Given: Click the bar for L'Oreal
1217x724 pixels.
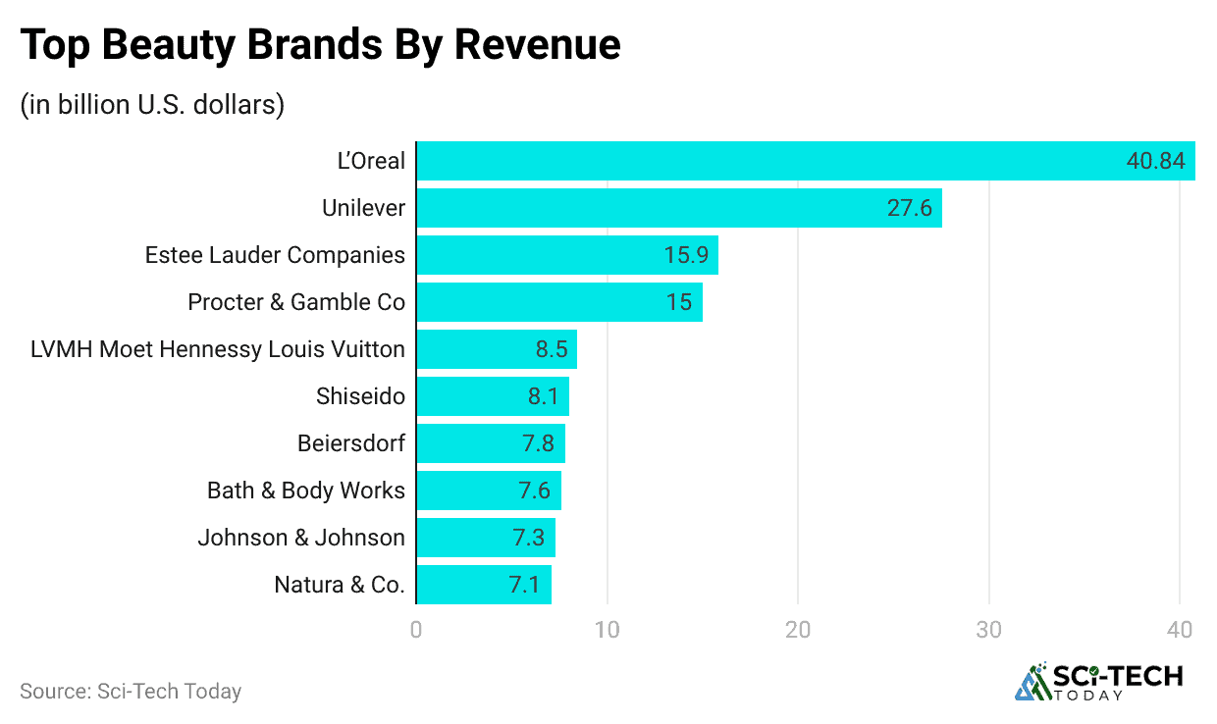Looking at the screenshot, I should (x=766, y=161).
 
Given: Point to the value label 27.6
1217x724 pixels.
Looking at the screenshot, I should (x=910, y=208).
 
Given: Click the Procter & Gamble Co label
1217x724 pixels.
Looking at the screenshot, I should (x=296, y=302).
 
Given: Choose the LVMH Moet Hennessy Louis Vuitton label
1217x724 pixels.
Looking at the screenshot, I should (x=218, y=349).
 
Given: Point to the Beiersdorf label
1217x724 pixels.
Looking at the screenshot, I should (x=351, y=443).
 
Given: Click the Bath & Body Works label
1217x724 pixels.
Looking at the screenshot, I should (x=306, y=491).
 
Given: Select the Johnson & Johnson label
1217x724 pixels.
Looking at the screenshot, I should (x=301, y=538).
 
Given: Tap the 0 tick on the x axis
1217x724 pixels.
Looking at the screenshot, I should (x=416, y=629).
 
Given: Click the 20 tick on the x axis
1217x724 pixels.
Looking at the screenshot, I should (x=798, y=629).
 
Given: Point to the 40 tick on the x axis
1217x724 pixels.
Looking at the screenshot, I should (x=1180, y=629).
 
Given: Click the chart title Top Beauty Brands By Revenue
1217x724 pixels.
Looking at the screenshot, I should (x=320, y=45).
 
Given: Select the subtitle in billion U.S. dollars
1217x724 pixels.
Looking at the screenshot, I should (x=152, y=105).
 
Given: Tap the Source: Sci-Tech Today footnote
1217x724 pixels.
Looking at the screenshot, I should (x=131, y=691).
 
